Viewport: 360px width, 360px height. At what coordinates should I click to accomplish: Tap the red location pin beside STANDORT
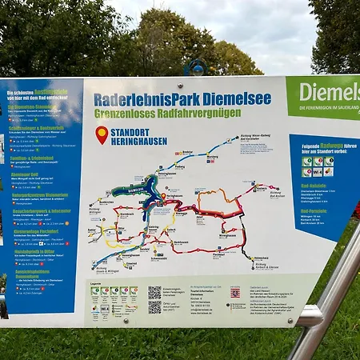click(x=102, y=134)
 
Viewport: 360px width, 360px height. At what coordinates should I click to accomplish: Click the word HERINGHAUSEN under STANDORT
click(x=139, y=142)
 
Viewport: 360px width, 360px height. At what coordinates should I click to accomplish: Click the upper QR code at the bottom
click(x=154, y=292)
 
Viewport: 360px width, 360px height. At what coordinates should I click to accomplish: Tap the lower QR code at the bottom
click(x=154, y=306)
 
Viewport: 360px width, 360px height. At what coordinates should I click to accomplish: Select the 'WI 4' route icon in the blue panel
click(x=318, y=171)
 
